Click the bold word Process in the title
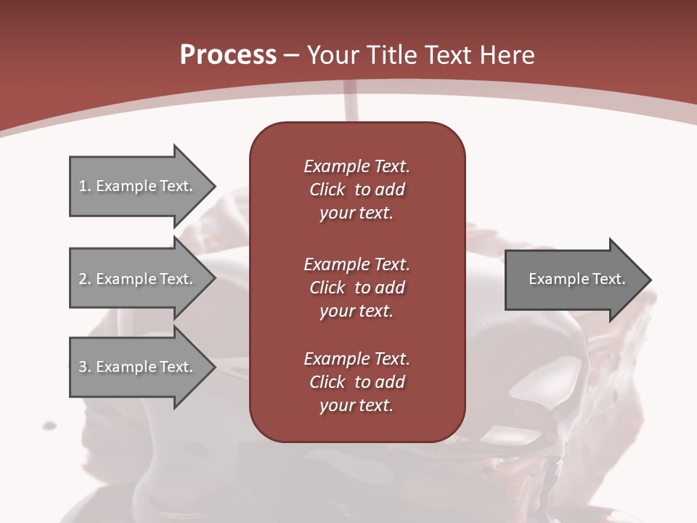(x=228, y=55)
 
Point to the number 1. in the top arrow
(x=85, y=186)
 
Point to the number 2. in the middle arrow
(x=85, y=279)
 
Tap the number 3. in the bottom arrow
(x=85, y=367)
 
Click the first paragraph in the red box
(x=356, y=190)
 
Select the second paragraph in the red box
(x=356, y=287)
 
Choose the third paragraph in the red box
(x=356, y=382)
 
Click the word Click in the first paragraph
(x=327, y=190)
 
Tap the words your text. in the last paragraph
(x=356, y=405)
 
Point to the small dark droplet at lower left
(x=49, y=425)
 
